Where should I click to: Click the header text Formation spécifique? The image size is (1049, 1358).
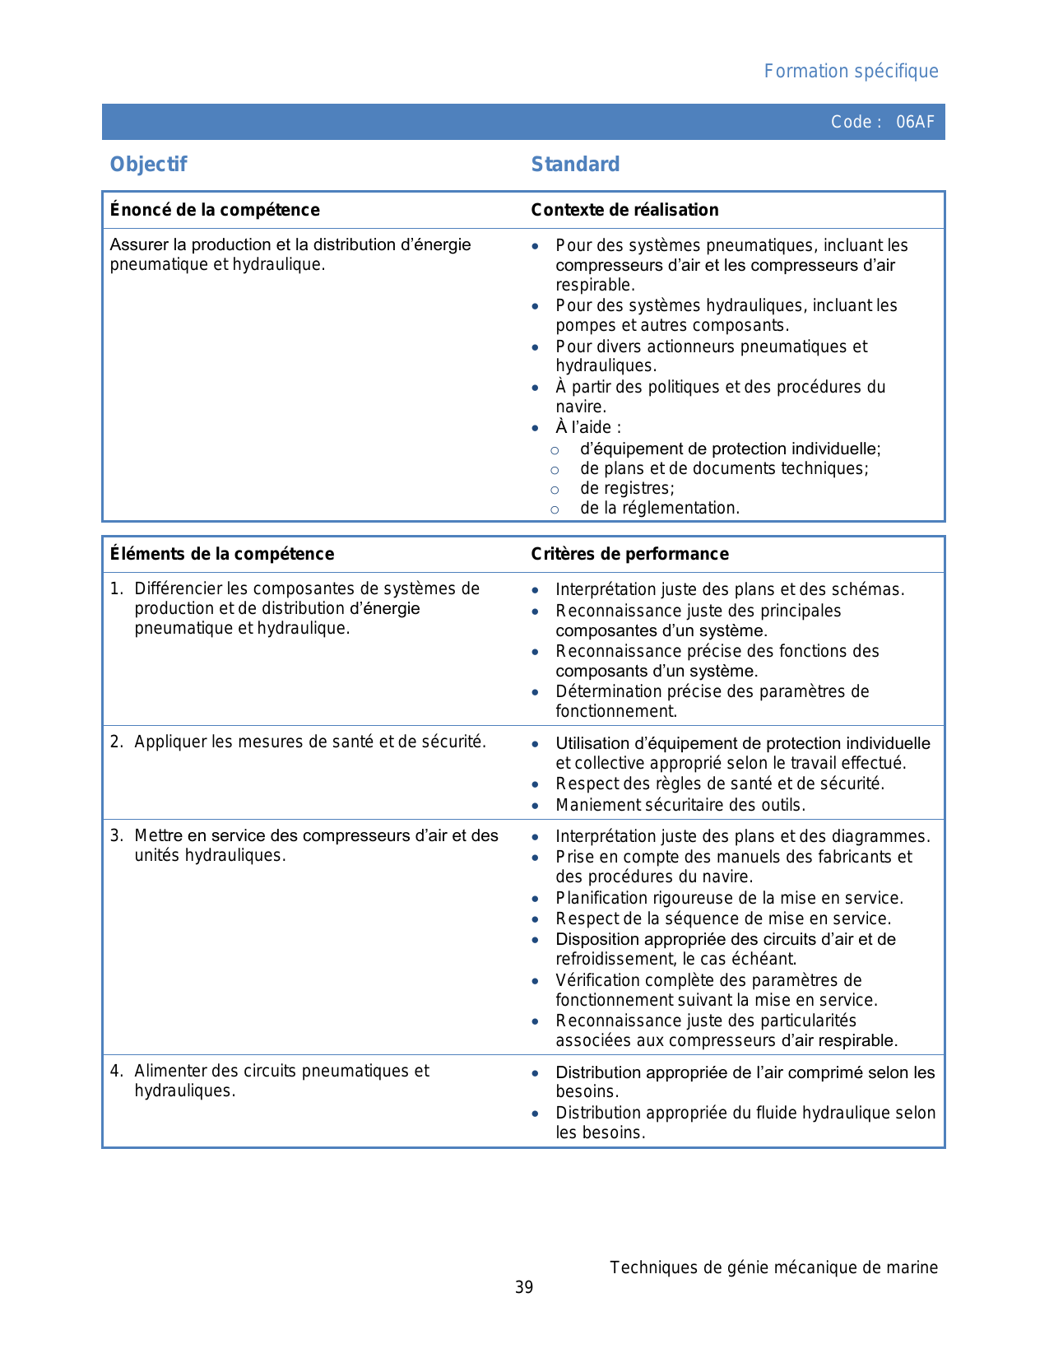[x=851, y=72]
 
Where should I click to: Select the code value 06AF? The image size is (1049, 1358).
[x=915, y=122]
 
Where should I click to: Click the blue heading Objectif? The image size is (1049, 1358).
[x=149, y=165]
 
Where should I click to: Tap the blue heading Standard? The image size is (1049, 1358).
[x=575, y=165]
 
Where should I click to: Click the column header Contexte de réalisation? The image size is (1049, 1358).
[x=624, y=210]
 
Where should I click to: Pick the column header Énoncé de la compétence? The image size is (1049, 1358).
[x=215, y=210]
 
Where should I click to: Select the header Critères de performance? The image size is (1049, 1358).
[x=629, y=554]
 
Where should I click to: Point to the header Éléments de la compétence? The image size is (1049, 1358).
[x=222, y=554]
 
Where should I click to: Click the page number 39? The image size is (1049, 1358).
[x=524, y=1287]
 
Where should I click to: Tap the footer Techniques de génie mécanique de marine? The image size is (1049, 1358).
[x=773, y=1267]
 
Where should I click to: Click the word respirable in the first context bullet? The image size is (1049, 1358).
[x=595, y=286]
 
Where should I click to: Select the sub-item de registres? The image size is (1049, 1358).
[x=627, y=489]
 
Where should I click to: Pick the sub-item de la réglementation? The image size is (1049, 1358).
[x=660, y=509]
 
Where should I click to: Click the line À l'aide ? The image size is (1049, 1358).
[x=588, y=428]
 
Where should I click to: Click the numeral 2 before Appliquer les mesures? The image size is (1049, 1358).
[x=116, y=742]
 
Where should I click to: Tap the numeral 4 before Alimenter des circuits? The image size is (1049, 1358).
[x=116, y=1072]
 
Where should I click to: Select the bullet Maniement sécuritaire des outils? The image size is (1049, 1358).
[x=680, y=805]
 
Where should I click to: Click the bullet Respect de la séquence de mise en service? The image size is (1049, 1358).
[x=723, y=919]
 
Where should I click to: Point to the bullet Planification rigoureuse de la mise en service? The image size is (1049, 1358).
[x=729, y=898]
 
